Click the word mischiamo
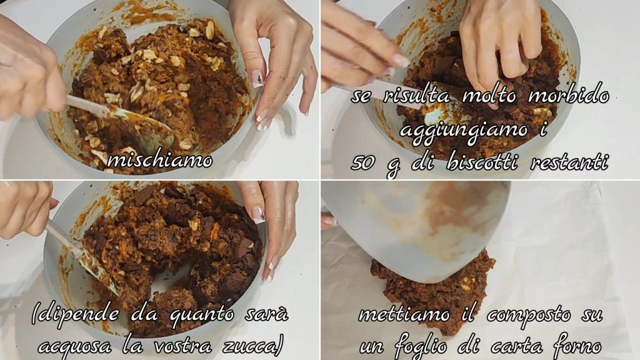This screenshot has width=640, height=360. pos(160,161)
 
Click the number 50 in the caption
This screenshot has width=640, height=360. pos(363,163)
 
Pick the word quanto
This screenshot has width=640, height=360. pos(202,316)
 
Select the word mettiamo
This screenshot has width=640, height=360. pos(404,315)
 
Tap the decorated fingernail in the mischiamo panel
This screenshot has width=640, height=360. pos(257,78)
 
